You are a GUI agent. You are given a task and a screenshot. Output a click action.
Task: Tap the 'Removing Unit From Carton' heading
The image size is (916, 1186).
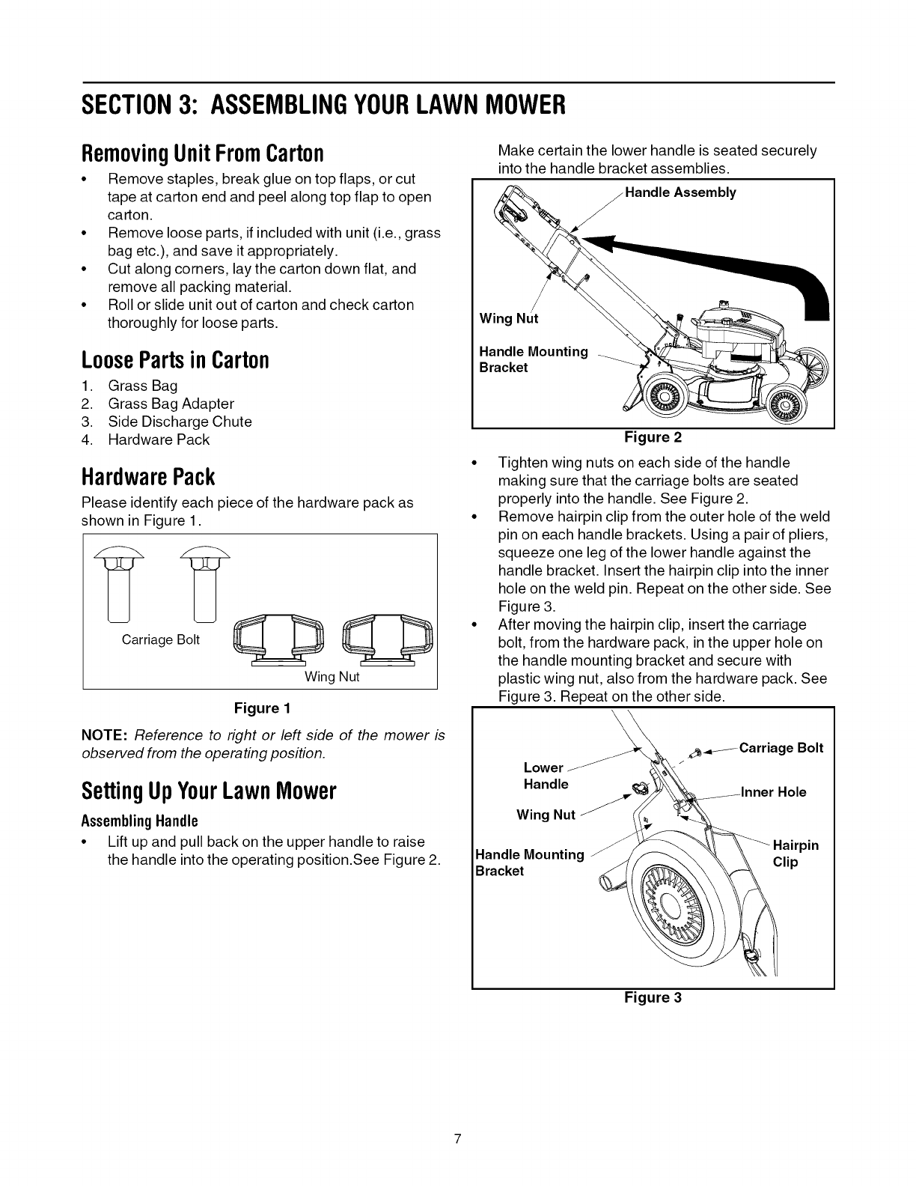(202, 153)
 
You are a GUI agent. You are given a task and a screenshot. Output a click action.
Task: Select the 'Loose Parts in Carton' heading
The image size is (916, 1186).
(175, 359)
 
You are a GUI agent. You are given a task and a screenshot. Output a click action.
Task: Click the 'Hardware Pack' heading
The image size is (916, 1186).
(148, 476)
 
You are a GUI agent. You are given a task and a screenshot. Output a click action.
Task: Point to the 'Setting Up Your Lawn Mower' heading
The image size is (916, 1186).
(209, 791)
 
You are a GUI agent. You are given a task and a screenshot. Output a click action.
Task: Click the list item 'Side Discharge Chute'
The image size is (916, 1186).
(180, 422)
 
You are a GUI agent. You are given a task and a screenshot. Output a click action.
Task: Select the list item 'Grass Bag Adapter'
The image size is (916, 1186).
(171, 404)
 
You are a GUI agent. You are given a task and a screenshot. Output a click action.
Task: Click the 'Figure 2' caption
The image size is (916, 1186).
(653, 437)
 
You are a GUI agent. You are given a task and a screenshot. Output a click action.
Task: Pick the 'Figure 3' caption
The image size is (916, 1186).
(653, 997)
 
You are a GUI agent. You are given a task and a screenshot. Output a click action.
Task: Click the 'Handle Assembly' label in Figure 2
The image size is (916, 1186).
(680, 192)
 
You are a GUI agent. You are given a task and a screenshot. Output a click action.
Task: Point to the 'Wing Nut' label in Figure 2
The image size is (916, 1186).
(508, 318)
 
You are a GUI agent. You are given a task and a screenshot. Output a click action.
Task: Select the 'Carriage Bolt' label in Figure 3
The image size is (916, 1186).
(781, 748)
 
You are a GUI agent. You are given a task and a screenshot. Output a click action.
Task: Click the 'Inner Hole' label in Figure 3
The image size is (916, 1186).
(773, 792)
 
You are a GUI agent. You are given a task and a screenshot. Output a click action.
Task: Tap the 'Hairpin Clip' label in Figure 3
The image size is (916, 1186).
(795, 854)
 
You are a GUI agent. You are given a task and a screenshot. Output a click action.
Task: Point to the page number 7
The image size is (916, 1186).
(458, 1140)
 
